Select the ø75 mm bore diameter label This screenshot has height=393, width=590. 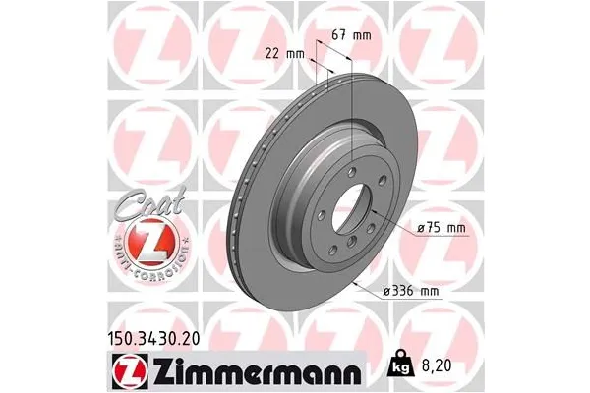pyautogui.click(x=442, y=228)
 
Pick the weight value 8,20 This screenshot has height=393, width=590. pyautogui.click(x=434, y=363)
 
